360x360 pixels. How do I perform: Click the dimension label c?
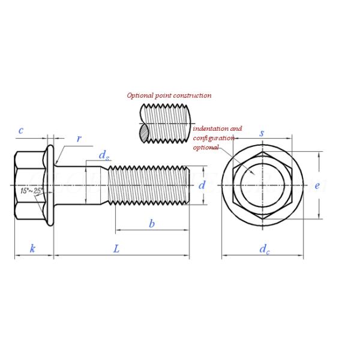point(21,130)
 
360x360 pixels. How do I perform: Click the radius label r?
point(79,139)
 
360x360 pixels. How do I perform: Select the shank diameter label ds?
point(104,155)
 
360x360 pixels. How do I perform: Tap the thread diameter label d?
point(202,185)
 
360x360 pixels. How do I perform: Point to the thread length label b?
point(152,224)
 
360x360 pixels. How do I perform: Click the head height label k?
point(32,248)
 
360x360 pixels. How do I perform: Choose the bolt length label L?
point(116,248)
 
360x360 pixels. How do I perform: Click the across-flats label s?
point(262,133)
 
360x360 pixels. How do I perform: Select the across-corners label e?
point(317,185)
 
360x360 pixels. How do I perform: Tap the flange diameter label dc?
point(264,249)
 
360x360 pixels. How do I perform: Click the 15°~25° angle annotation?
point(31,191)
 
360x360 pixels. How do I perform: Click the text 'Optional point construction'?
point(169,95)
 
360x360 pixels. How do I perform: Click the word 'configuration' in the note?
point(213,138)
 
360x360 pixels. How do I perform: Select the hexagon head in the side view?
point(29,185)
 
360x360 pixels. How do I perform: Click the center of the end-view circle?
point(262,185)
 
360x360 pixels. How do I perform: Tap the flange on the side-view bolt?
point(50,185)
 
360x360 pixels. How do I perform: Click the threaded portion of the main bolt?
point(150,185)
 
